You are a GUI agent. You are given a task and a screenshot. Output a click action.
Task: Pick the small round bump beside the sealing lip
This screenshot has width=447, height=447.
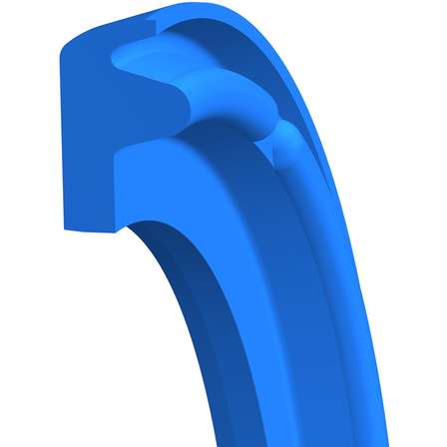[x=289, y=150]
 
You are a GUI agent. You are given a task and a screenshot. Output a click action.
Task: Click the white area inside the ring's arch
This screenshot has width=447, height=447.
[x=80, y=349]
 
